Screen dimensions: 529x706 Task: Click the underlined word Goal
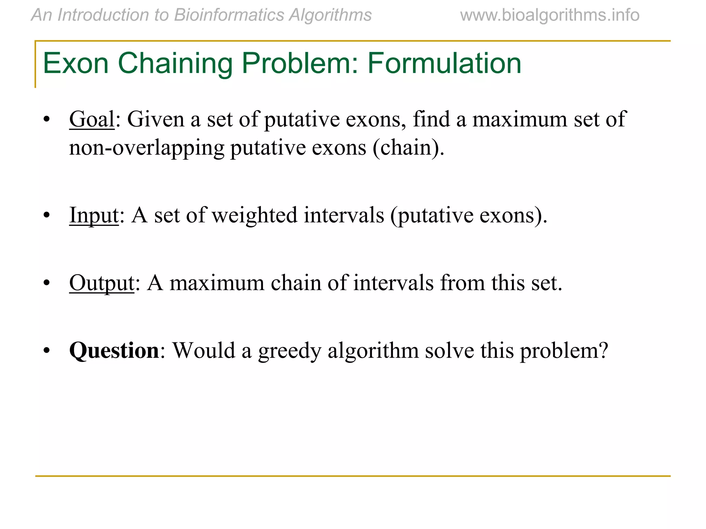pyautogui.click(x=91, y=120)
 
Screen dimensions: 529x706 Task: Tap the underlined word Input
pyautogui.click(x=94, y=215)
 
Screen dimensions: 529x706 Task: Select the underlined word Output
pyautogui.click(x=101, y=283)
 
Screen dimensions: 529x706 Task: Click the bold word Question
pyautogui.click(x=114, y=351)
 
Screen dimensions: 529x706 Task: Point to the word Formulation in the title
pyautogui.click(x=444, y=63)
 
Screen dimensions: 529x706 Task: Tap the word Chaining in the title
pyautogui.click(x=175, y=64)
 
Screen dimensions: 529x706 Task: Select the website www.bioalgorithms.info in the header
pyautogui.click(x=549, y=15)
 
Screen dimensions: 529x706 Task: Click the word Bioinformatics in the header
pyautogui.click(x=229, y=15)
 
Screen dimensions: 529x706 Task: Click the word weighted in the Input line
pyautogui.click(x=254, y=215)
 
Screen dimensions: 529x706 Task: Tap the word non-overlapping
pyautogui.click(x=147, y=148)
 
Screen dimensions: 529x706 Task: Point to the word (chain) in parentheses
pyautogui.click(x=408, y=148)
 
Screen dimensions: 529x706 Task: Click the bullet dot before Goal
pyautogui.click(x=47, y=120)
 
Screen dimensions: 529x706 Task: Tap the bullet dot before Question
pyautogui.click(x=47, y=351)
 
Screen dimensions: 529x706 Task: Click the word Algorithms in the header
pyautogui.click(x=330, y=15)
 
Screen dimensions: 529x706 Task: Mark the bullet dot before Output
pyautogui.click(x=47, y=283)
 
